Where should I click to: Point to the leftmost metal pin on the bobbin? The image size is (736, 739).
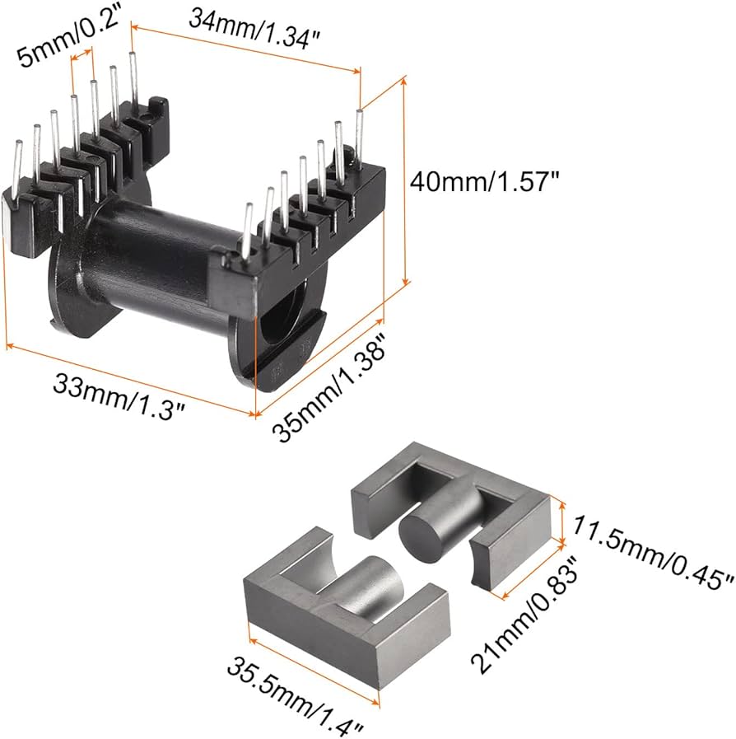[x=16, y=165]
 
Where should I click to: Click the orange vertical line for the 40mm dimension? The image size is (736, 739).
[x=405, y=181]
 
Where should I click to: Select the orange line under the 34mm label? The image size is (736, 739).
[x=247, y=50]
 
